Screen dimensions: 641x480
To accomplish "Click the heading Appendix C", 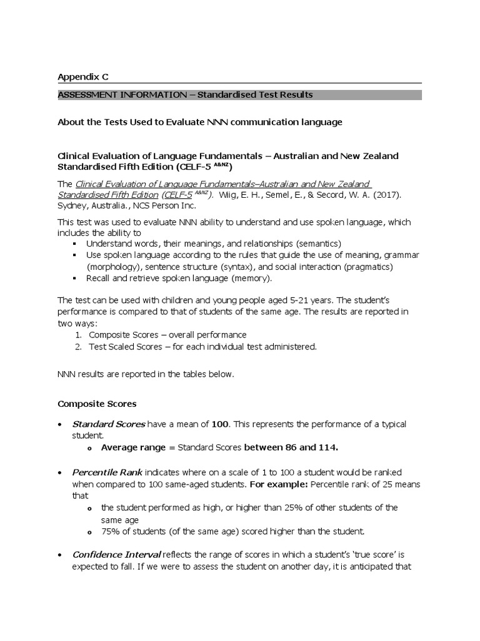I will coord(82,76).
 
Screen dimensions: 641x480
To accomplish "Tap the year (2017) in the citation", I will coord(389,195).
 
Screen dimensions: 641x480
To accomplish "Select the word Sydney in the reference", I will coord(72,205).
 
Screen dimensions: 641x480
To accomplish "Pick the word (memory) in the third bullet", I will coord(251,278).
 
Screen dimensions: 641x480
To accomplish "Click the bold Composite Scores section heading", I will coord(97,404).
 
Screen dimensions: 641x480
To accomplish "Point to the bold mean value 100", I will coord(219,424).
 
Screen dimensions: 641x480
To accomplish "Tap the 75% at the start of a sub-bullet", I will coord(110,531).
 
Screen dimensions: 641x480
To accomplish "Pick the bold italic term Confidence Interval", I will coord(116,555).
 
